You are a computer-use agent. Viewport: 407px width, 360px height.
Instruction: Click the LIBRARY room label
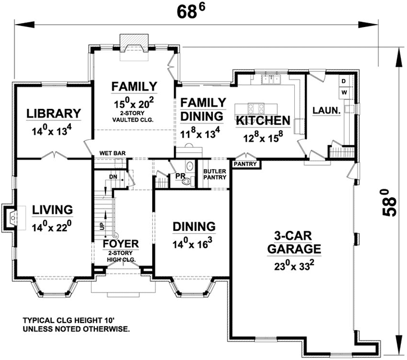click(x=54, y=113)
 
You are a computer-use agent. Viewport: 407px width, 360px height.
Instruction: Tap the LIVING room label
click(x=52, y=209)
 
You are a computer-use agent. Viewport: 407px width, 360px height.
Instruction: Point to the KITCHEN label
click(x=263, y=120)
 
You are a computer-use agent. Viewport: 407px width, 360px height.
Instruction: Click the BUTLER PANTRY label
click(x=214, y=174)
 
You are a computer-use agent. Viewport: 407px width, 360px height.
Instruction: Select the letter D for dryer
click(x=344, y=81)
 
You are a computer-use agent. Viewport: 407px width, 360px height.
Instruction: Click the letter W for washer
click(x=344, y=92)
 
